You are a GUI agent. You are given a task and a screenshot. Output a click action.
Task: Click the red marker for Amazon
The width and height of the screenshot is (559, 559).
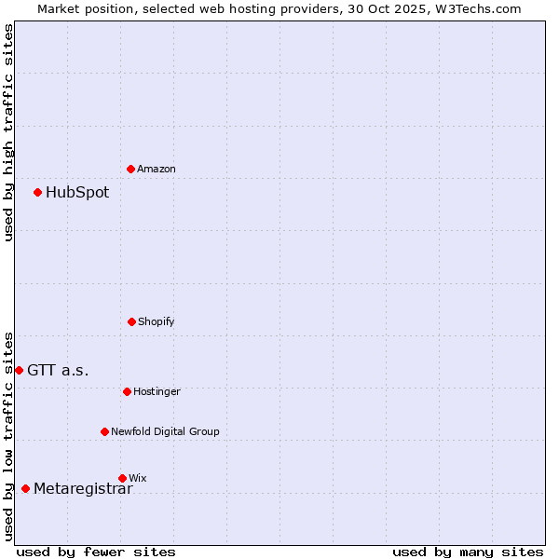point(131,169)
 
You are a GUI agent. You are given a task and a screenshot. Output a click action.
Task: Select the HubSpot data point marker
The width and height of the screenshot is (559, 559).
point(38,193)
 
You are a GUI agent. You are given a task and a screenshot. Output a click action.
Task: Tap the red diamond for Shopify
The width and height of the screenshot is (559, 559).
point(131,321)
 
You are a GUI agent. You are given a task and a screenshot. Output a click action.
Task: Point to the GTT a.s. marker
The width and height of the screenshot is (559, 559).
point(19,370)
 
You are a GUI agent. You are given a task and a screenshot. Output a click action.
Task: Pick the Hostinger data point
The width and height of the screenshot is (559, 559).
point(127,391)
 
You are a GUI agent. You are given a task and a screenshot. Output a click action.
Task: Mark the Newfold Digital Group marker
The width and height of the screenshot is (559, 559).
point(104,431)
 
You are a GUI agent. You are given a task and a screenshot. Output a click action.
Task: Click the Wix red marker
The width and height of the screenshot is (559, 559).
point(122,478)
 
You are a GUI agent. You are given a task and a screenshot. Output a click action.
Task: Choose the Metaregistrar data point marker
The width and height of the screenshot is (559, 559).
point(25,489)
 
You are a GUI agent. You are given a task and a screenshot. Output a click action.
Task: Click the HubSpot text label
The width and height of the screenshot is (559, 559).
point(77,193)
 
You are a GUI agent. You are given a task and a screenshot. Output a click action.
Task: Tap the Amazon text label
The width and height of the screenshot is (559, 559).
point(157,169)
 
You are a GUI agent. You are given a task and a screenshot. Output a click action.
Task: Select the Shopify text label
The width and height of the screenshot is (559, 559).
point(157,321)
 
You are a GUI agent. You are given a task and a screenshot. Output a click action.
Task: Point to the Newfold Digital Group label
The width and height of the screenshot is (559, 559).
point(166,431)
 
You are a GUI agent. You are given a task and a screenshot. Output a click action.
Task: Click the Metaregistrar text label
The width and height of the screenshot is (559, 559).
point(83,489)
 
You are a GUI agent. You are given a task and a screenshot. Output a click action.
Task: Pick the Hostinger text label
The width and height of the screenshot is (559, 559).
point(157,391)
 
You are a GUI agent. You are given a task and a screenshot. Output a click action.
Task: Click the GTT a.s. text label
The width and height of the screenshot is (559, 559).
point(58,370)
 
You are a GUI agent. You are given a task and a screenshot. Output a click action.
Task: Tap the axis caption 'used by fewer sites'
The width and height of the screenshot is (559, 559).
point(96,552)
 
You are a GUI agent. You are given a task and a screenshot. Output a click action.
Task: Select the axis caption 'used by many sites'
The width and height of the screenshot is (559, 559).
point(468,552)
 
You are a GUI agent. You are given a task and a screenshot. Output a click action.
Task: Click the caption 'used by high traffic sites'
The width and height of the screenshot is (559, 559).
point(8,132)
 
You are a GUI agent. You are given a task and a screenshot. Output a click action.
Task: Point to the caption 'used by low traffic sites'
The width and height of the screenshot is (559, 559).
point(8,436)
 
